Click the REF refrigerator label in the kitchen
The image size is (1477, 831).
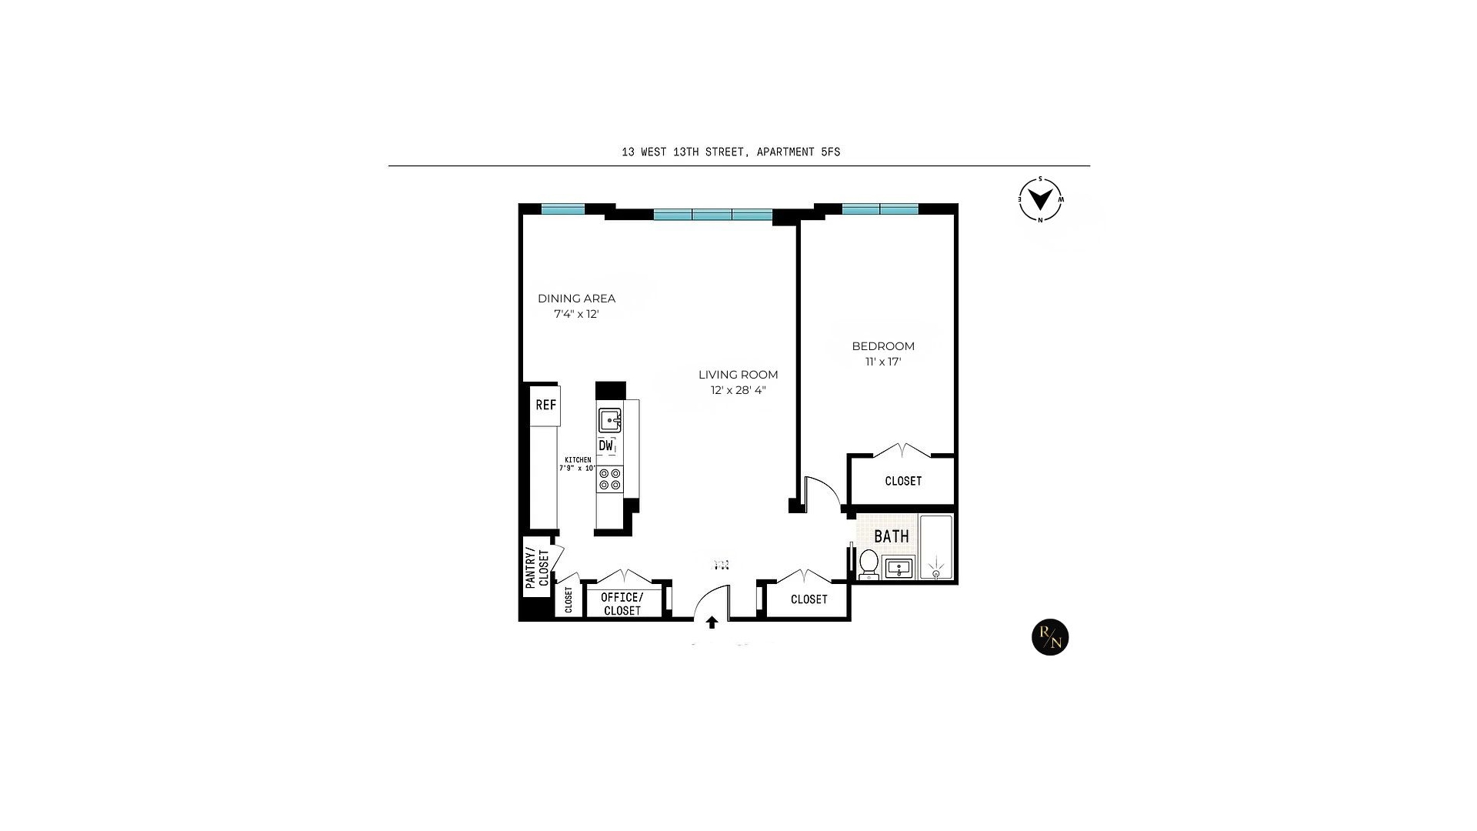tap(545, 405)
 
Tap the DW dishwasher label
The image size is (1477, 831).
tap(606, 446)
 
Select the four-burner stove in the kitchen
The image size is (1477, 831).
tap(610, 479)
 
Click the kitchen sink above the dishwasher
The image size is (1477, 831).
tap(610, 420)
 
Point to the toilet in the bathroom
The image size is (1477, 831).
tap(869, 563)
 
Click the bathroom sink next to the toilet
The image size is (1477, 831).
tap(899, 569)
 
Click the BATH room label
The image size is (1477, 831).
tap(892, 536)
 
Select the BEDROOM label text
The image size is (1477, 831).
tap(883, 346)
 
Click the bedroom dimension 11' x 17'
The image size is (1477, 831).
tap(883, 362)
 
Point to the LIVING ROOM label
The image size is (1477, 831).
tap(738, 375)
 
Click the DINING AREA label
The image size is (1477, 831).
tap(576, 299)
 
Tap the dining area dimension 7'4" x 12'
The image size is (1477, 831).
tap(576, 314)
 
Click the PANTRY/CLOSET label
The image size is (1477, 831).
tap(537, 568)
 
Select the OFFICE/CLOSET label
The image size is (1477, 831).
tap(622, 604)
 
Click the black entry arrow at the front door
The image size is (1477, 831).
tap(712, 622)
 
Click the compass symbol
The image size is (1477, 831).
tap(1041, 200)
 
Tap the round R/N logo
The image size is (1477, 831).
tap(1050, 637)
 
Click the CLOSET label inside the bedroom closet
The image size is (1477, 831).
tap(903, 481)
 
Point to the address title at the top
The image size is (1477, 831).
tap(731, 152)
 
